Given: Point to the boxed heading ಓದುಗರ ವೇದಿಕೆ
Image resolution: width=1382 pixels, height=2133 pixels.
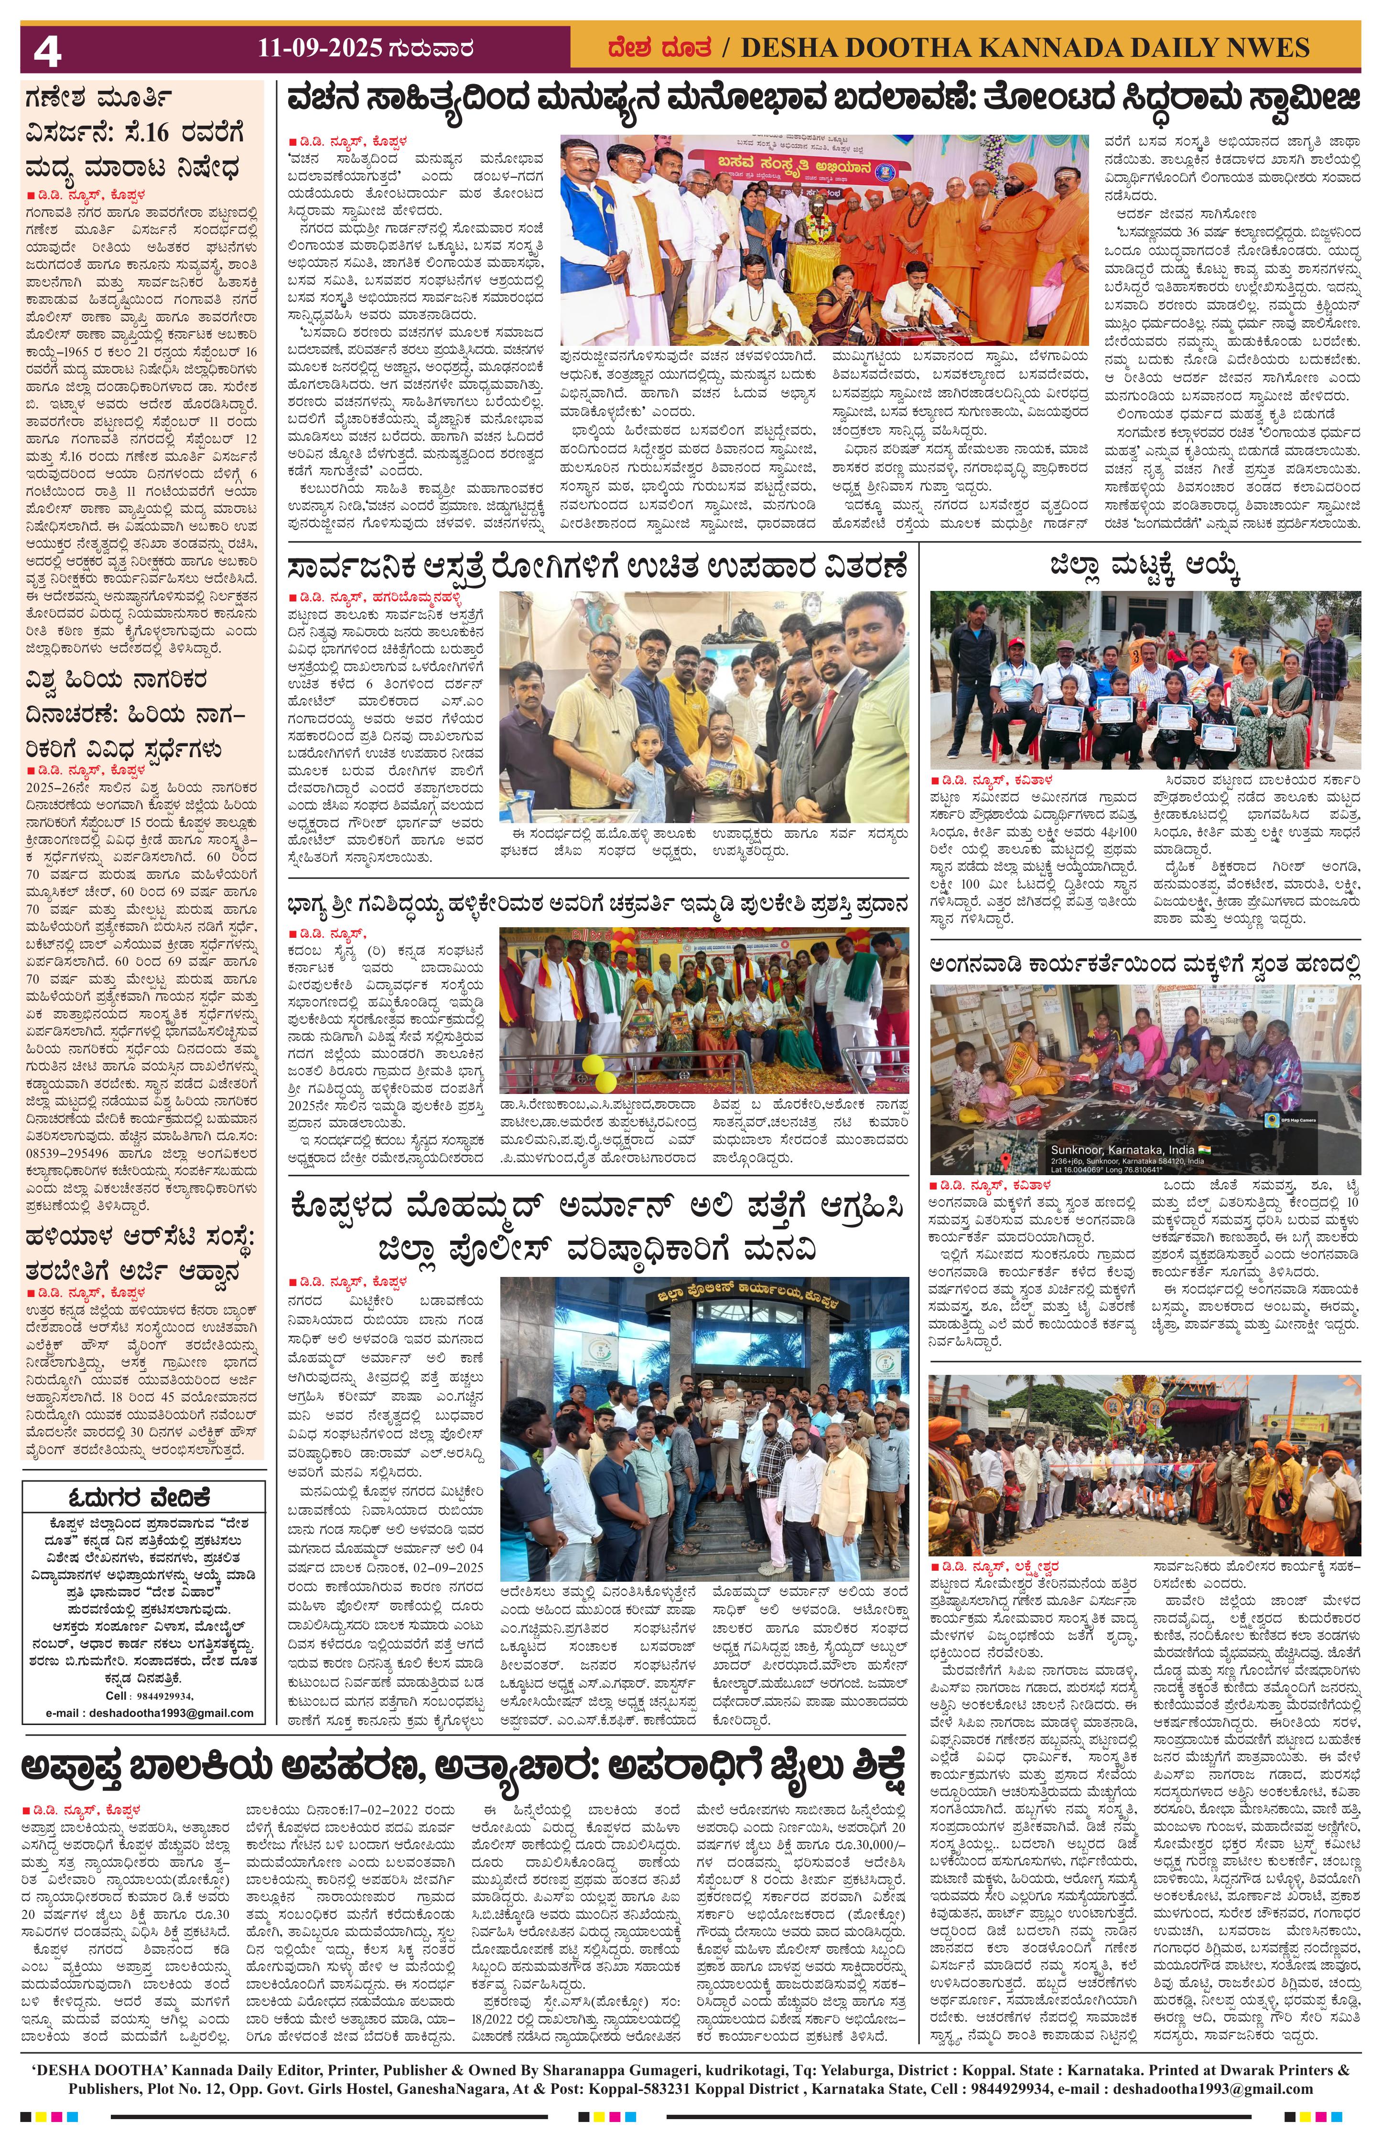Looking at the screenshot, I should (x=143, y=1498).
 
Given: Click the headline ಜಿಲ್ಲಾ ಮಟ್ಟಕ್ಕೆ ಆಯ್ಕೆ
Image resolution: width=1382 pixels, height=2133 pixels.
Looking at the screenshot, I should (x=1145, y=568).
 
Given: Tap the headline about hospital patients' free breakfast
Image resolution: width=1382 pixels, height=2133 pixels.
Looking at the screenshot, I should (x=598, y=568).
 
